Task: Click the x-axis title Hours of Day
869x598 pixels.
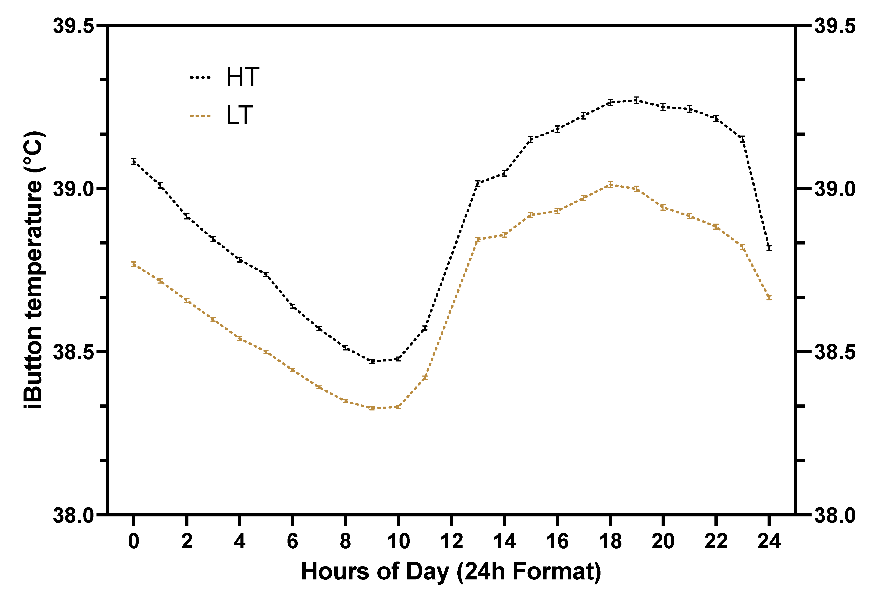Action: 451,572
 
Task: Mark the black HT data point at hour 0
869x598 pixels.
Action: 133,161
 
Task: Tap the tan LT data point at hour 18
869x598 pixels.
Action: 610,184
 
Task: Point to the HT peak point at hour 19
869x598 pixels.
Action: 636,100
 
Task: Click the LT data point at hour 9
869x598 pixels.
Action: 372,408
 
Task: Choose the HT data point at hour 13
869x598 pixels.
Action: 477,183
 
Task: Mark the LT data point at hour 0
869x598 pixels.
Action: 133,264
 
